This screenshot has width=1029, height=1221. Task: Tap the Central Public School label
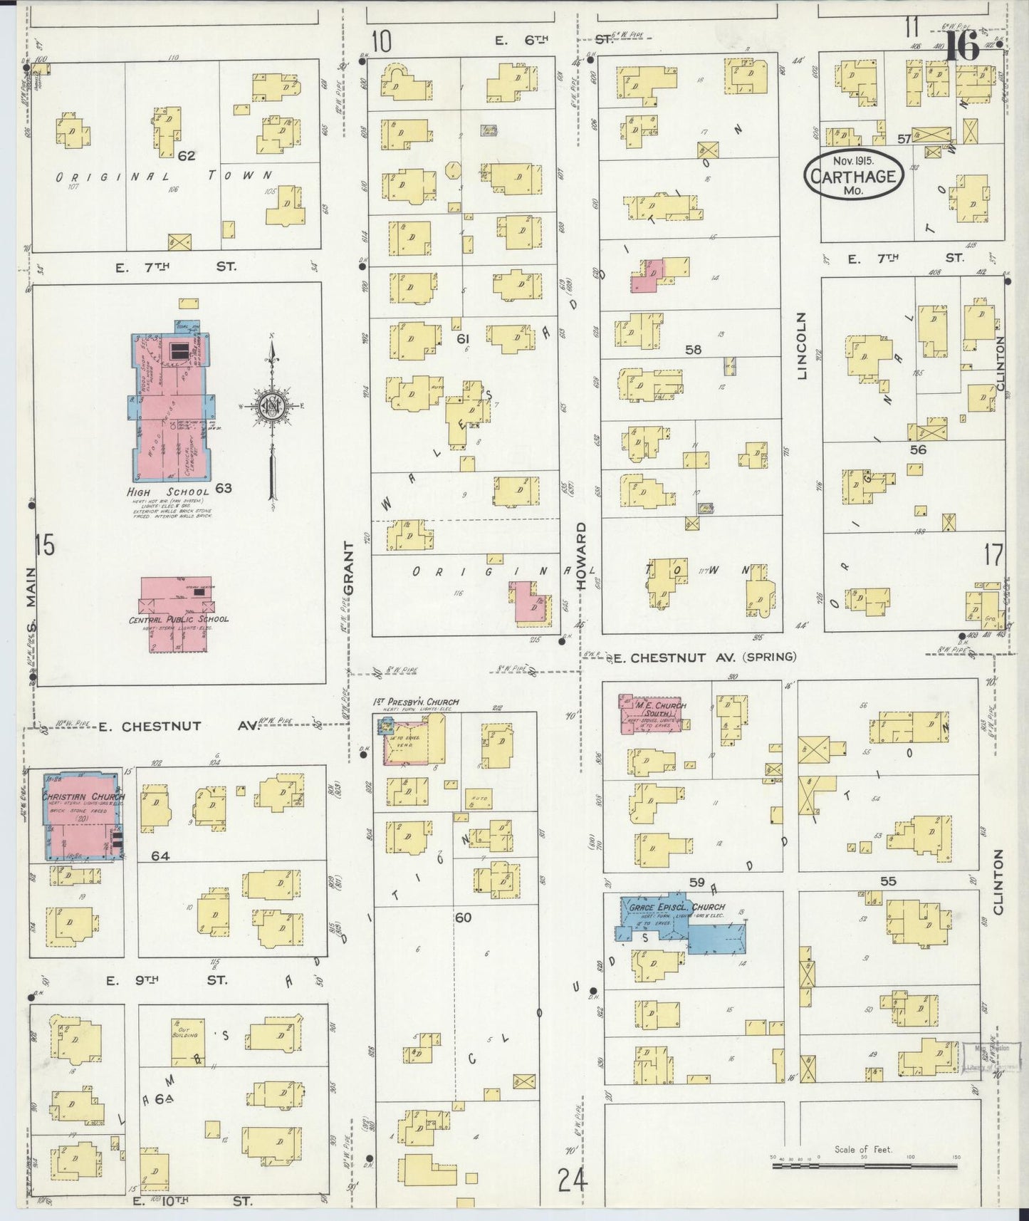[x=179, y=619]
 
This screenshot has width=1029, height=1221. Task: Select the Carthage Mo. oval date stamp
[x=854, y=175]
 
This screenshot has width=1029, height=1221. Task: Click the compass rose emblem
[x=272, y=407]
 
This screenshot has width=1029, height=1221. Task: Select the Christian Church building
[x=82, y=816]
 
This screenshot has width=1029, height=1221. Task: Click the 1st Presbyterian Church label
[x=417, y=702]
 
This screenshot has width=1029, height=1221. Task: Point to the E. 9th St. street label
[x=167, y=980]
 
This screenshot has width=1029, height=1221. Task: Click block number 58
[x=692, y=349]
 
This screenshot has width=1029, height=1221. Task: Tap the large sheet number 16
[x=961, y=48]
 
